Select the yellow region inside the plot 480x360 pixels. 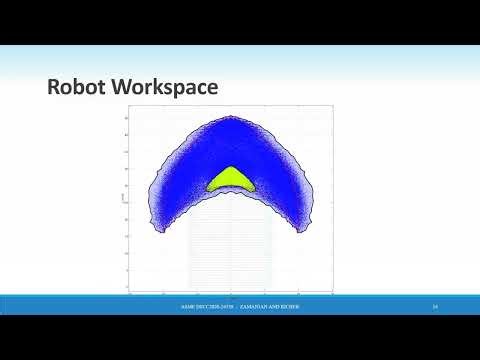[230, 180]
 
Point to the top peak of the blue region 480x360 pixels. [231, 118]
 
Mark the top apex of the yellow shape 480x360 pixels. [230, 167]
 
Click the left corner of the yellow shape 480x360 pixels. [208, 189]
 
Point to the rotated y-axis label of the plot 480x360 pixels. [121, 200]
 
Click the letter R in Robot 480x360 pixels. [54, 89]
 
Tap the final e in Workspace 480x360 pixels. [212, 90]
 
